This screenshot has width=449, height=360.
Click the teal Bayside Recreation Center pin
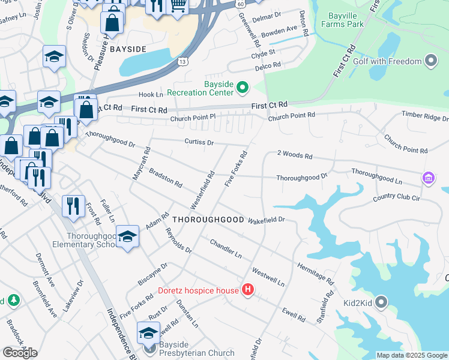pos(243,89)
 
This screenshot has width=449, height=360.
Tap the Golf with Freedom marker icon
pos(430,61)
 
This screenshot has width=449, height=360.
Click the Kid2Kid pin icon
pos(381,303)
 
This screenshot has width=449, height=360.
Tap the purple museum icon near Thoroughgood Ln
pos(427,178)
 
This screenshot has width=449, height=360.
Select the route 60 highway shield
pos(240,4)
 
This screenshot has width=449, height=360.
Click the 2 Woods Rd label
pos(295,156)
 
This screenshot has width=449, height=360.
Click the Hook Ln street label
pos(151,95)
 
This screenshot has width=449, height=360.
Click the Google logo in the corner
pos(20,353)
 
